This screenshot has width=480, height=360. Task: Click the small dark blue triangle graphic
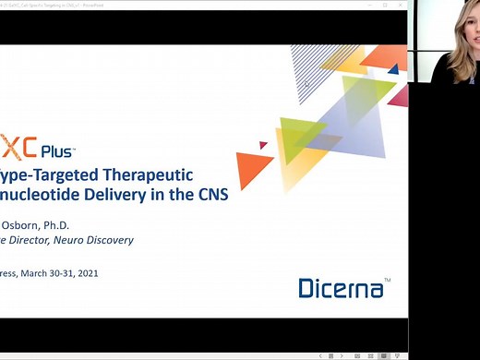pos(393,68)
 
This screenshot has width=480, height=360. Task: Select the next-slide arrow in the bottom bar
pos(342,355)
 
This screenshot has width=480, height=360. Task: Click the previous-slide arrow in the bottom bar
pos(331,355)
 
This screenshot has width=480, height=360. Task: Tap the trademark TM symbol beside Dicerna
pos(387,279)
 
